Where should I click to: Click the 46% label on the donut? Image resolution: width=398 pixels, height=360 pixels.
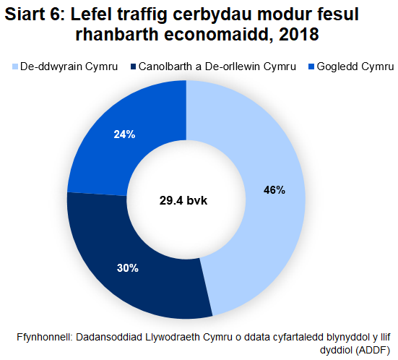coord(274,190)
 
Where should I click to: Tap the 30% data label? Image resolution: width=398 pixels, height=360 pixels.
coord(127,268)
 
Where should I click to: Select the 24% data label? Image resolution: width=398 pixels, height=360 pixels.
coord(124,134)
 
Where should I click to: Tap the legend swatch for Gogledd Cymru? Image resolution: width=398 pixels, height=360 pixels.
coord(311,67)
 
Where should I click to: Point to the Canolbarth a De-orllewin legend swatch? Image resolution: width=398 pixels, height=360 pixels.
coord(134,67)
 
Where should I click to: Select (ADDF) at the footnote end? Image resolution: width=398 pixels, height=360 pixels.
coord(373,351)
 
